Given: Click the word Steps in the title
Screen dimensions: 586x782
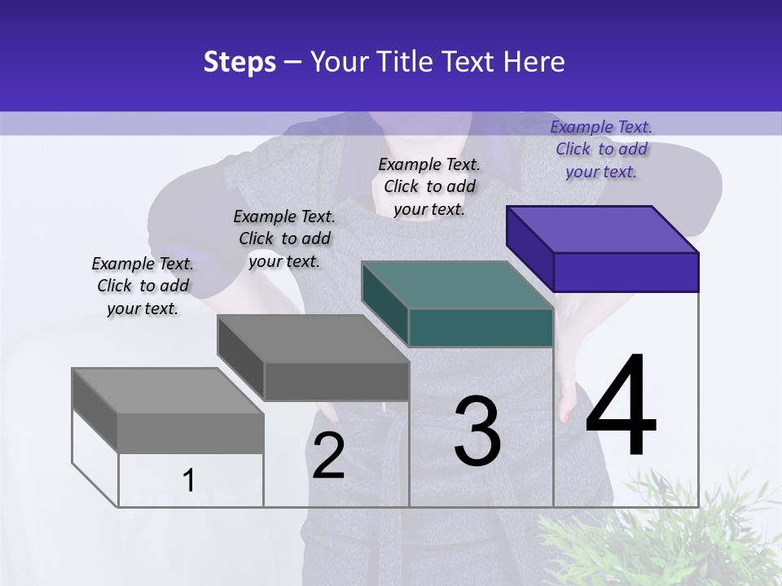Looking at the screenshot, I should point(239,62).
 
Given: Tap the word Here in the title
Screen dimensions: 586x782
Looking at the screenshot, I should point(534,62).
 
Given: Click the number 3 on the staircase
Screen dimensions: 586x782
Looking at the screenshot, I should point(477,431).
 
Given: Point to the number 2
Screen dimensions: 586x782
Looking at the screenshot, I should point(328,455).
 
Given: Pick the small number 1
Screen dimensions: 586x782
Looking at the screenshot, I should point(189,480).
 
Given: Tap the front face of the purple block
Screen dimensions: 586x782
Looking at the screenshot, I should point(626,272).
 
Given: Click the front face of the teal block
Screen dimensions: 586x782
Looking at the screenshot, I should point(481,327).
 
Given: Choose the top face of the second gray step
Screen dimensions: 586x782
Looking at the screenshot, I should point(313,338).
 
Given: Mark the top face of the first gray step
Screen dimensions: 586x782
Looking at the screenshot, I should point(168,391).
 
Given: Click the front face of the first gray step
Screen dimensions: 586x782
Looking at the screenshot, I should point(191,433).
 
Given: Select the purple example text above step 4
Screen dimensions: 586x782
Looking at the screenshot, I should point(601,149).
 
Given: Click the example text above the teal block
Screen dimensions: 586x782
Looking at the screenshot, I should point(429,186).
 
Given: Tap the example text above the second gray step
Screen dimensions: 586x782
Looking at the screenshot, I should point(284,238).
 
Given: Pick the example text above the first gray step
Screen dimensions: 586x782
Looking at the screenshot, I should point(143,286).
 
